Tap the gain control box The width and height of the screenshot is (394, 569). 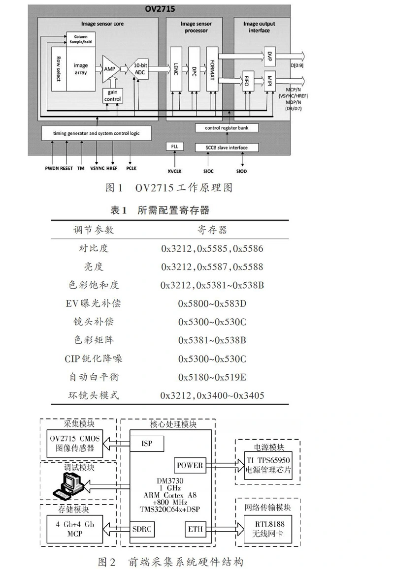point(112,96)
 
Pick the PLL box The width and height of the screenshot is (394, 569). point(175,147)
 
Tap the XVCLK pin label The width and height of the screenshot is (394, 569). point(175,171)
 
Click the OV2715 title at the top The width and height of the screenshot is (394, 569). point(160,9)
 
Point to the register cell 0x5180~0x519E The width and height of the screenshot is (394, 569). point(212,377)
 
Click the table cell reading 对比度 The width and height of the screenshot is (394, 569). point(94,248)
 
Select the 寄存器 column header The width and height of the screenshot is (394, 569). point(212,230)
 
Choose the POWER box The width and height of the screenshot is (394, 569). point(189,465)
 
